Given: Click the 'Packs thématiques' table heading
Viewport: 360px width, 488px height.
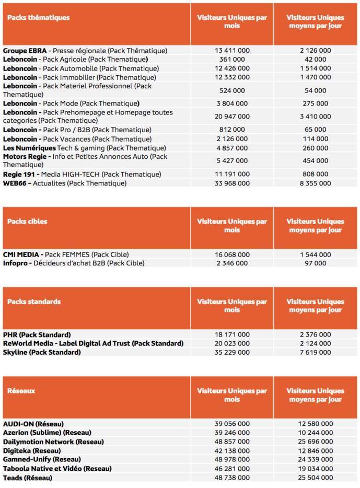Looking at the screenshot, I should pyautogui.click(x=38, y=18).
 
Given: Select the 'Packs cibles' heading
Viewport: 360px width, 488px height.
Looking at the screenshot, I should pyautogui.click(x=27, y=222).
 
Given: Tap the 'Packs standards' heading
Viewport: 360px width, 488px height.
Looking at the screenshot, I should pyautogui.click(x=34, y=301).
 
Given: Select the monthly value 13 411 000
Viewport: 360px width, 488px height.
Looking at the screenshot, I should pyautogui.click(x=232, y=51).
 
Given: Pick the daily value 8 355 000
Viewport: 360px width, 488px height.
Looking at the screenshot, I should pyautogui.click(x=315, y=183).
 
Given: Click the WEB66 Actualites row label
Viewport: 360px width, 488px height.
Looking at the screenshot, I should pyautogui.click(x=65, y=183).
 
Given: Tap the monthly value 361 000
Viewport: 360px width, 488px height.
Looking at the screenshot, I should pyautogui.click(x=232, y=60).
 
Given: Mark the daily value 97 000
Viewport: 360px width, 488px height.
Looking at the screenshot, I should pyautogui.click(x=315, y=263).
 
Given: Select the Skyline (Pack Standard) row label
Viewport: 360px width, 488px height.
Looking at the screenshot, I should pyautogui.click(x=42, y=352).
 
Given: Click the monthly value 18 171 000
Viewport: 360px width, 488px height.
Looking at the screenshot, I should pyautogui.click(x=232, y=334).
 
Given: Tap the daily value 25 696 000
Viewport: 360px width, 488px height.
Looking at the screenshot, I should pyautogui.click(x=315, y=441).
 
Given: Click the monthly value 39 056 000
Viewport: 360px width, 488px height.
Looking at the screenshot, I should pyautogui.click(x=232, y=424).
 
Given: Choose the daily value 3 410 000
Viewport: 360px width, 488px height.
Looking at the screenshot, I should pyautogui.click(x=315, y=117).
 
